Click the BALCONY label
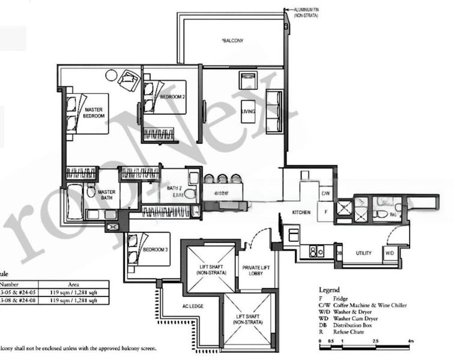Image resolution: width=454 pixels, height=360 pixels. pyautogui.click(x=231, y=41)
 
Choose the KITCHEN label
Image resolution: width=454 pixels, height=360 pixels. pyautogui.click(x=301, y=213)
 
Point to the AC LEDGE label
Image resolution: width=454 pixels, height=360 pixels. pyautogui.click(x=193, y=307)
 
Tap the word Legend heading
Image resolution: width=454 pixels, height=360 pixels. pyautogui.click(x=329, y=289)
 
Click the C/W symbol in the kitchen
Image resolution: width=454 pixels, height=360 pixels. pyautogui.click(x=325, y=194)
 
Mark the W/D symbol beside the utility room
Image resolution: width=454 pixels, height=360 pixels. pyautogui.click(x=389, y=254)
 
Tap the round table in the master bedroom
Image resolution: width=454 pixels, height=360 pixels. pyautogui.click(x=112, y=76)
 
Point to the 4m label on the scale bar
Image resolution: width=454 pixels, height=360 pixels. pyautogui.click(x=411, y=341)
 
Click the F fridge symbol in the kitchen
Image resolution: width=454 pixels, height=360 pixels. pyautogui.click(x=325, y=212)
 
